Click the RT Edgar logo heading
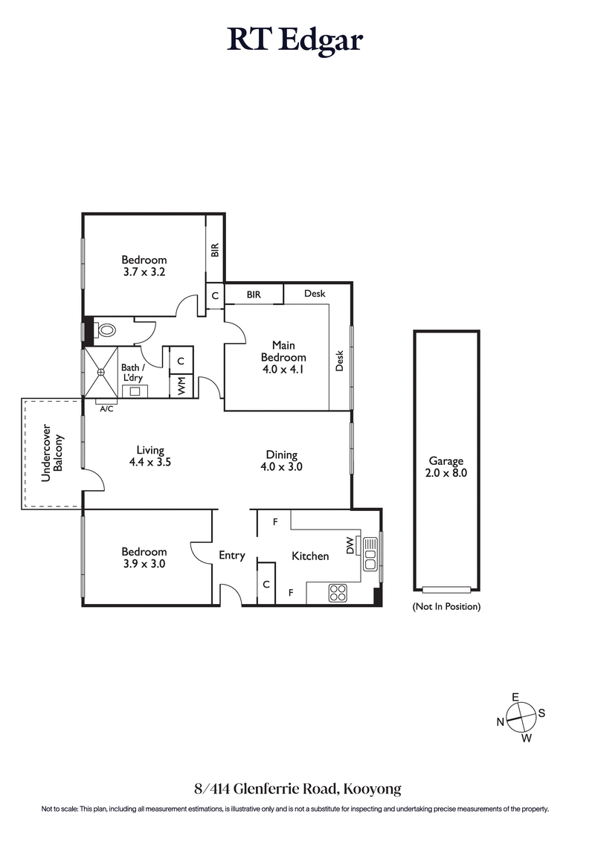coord(295,40)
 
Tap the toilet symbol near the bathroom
coord(105,330)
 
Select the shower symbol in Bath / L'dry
coord(101,371)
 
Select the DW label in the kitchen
coord(350,546)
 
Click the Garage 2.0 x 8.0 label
coord(446,466)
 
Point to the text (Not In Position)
coord(446,606)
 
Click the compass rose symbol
coord(522,717)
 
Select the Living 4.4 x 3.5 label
coord(149,456)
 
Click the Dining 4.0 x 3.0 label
coord(281,460)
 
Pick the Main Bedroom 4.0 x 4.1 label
coord(283,357)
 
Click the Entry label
coord(231,555)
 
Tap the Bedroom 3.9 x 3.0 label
coord(144,557)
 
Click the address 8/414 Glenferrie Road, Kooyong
coord(297,788)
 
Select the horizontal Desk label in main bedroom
coord(315,294)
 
